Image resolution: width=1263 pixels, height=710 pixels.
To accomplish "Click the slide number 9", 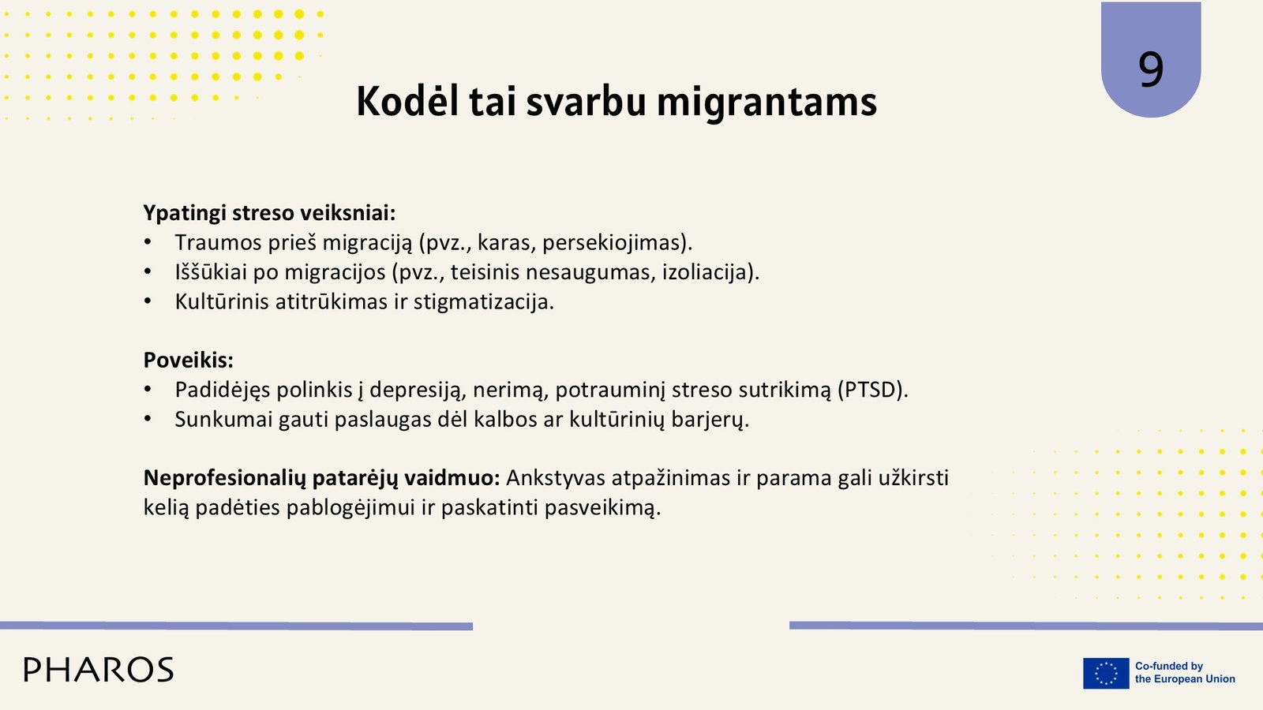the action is coord(1151,69).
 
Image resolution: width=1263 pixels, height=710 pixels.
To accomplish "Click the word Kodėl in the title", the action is coord(407,102).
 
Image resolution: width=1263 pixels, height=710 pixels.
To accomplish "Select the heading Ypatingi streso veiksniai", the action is coord(269,213).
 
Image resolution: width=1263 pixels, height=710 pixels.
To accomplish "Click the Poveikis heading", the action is coord(189,360).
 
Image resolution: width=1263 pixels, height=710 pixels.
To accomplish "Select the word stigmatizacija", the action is coord(484,302).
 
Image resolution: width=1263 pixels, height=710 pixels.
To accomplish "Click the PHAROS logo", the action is coord(99,670).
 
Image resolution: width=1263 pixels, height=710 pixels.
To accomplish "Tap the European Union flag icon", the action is coord(1106,673).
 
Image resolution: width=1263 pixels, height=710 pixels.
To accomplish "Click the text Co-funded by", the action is coord(1169,666).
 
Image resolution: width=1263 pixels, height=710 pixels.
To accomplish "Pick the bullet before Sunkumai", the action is coord(148,420).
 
